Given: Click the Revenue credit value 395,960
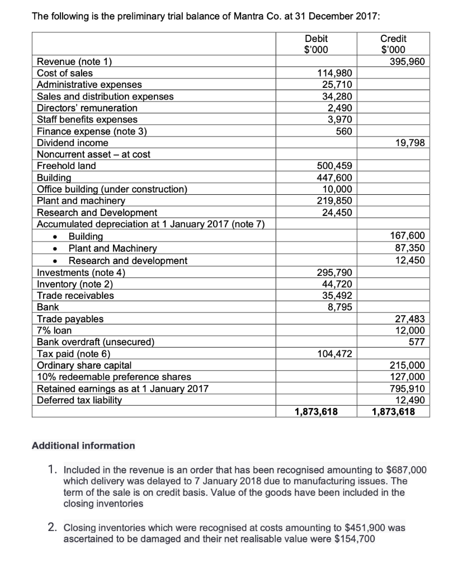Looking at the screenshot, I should pyautogui.click(x=409, y=62).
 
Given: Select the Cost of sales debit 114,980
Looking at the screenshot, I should pyautogui.click(x=334, y=73).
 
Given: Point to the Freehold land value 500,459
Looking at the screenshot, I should pyautogui.click(x=334, y=166).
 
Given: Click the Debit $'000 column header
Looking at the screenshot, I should pyautogui.click(x=316, y=44).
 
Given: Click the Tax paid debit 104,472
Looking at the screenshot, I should pyautogui.click(x=334, y=353).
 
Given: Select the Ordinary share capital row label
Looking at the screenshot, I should pyautogui.click(x=79, y=365).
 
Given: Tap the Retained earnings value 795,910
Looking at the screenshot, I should pyautogui.click(x=409, y=388).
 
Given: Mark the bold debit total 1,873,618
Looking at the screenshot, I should pyautogui.click(x=316, y=412).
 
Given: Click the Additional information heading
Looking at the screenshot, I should pyautogui.click(x=83, y=445).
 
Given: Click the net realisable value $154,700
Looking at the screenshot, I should pyautogui.click(x=353, y=539).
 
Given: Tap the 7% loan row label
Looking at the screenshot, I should pyautogui.click(x=54, y=330).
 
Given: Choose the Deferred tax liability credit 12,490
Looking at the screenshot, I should pyautogui.click(x=412, y=400).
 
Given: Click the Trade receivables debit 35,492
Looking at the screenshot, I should pyautogui.click(x=337, y=295).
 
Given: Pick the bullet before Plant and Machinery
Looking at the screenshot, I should pyautogui.click(x=55, y=248).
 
